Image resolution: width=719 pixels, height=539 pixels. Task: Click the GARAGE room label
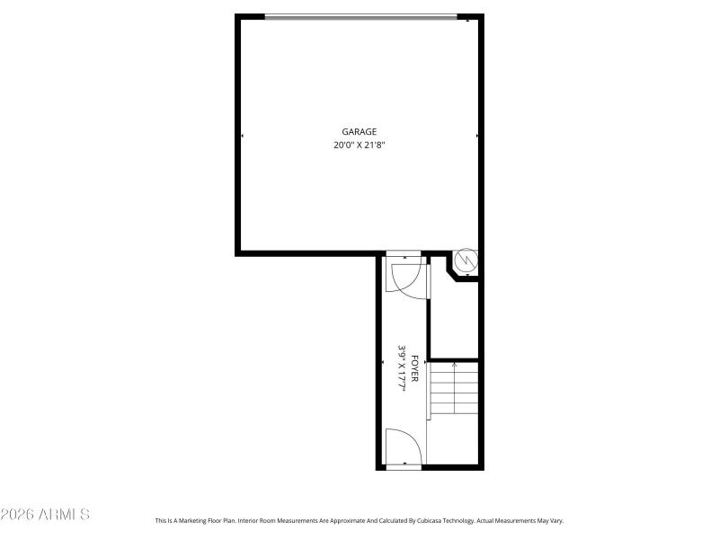point(359,132)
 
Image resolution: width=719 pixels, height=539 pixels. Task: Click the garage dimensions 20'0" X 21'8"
point(359,145)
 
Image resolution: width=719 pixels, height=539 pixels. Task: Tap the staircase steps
point(453,389)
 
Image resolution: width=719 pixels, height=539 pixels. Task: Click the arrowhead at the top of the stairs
point(454,366)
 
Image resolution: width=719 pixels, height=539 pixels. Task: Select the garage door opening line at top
point(359,16)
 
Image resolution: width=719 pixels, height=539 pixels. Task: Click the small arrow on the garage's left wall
point(242,136)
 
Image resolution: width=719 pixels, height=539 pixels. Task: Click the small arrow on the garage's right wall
point(476,136)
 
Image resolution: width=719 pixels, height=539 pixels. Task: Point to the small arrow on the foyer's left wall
point(383,361)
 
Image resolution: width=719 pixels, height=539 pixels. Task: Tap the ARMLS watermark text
point(45,515)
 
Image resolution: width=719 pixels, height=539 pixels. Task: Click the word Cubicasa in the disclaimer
point(404,520)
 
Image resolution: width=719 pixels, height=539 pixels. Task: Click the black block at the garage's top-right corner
point(470,17)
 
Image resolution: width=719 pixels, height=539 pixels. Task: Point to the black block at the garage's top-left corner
point(251,16)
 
